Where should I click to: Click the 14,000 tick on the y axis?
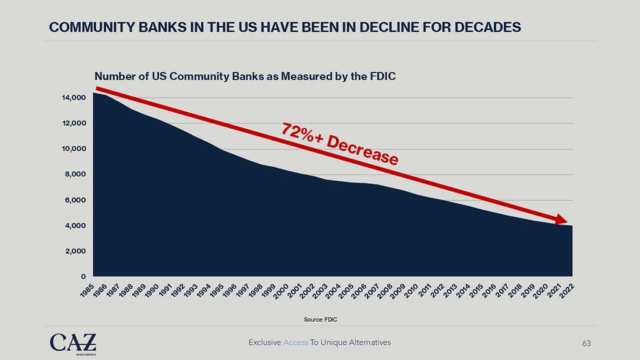point(73,97)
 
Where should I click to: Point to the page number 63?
point(586,343)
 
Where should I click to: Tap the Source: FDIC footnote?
point(320,319)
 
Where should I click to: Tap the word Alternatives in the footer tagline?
point(369,342)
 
